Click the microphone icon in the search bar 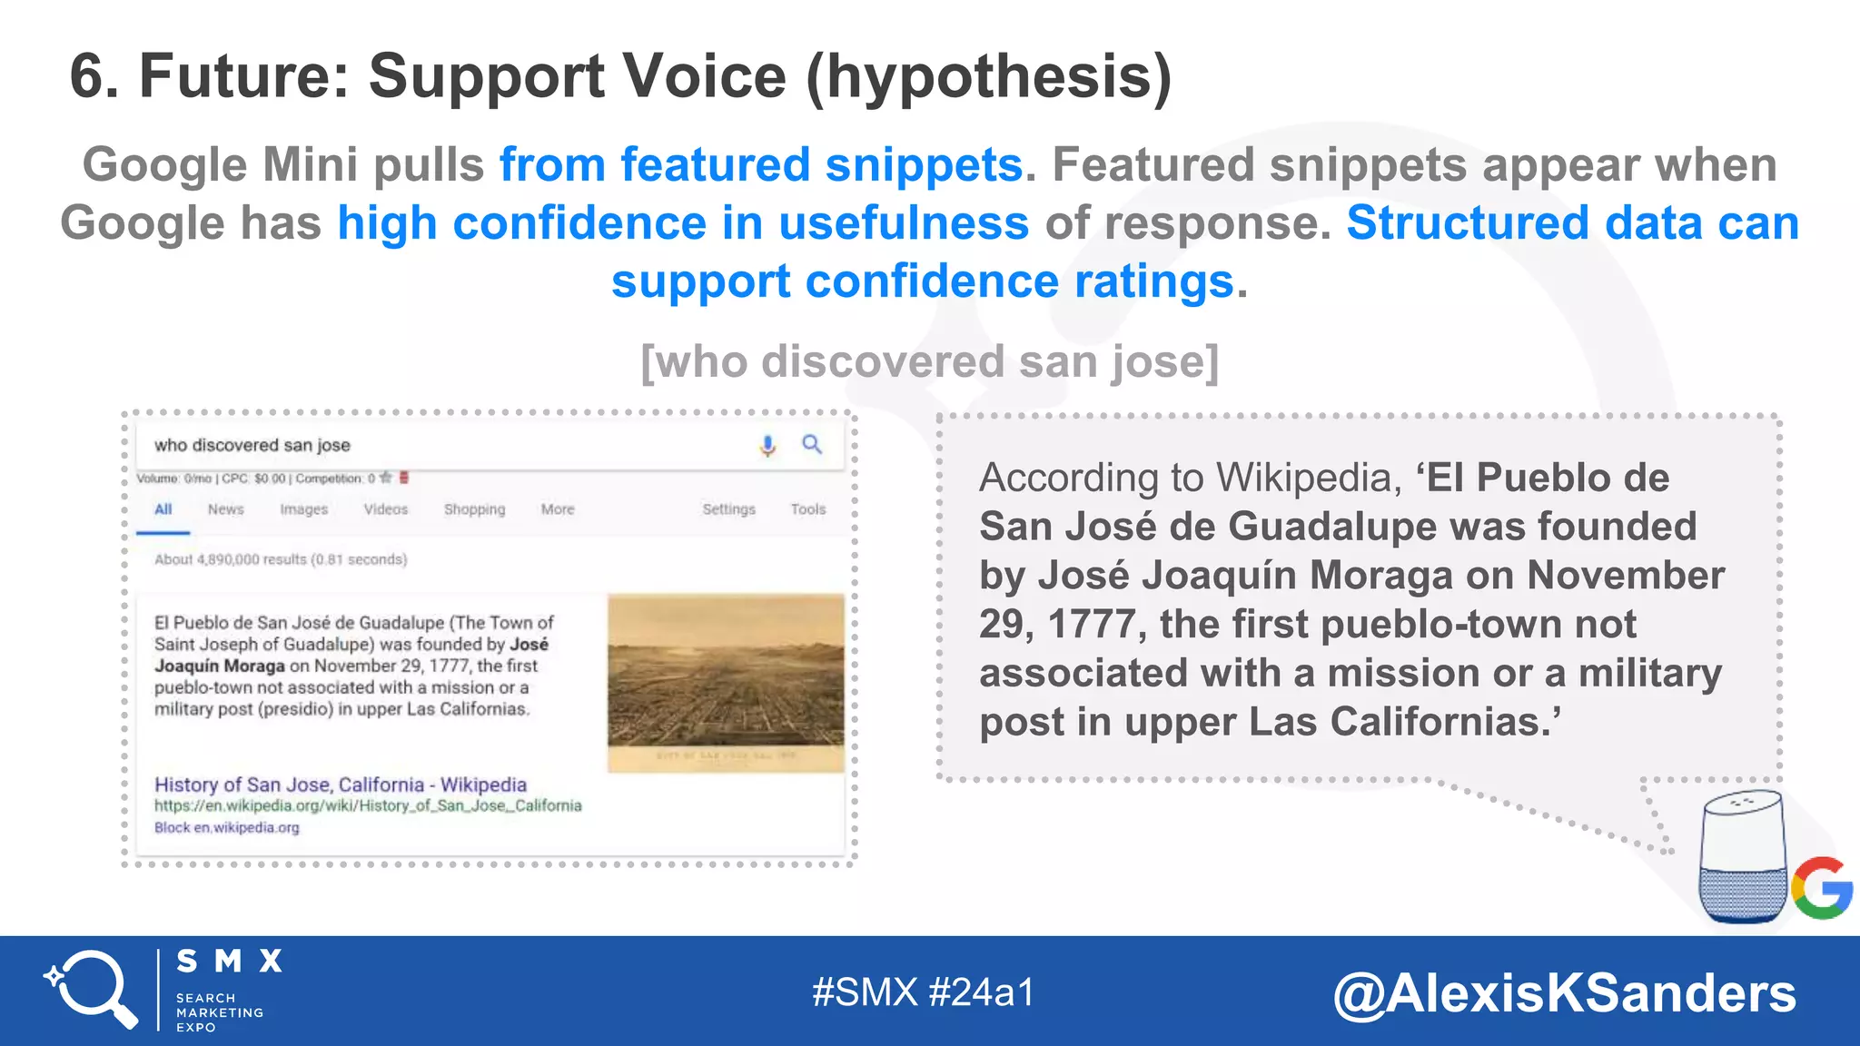coord(767,445)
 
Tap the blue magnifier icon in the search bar coord(812,444)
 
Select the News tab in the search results coord(225,509)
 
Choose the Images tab coord(303,509)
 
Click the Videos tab coord(386,509)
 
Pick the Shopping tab coord(474,509)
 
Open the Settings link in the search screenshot coord(728,509)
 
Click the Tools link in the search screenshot coord(807,509)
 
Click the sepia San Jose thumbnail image coord(726,683)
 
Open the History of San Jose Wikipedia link coord(341,784)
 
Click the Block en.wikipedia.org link coord(226,827)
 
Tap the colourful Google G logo coord(1822,887)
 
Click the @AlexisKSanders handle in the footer coord(1564,992)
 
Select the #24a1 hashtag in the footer coord(982,992)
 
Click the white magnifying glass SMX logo coord(91,989)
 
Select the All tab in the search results coord(163,509)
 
